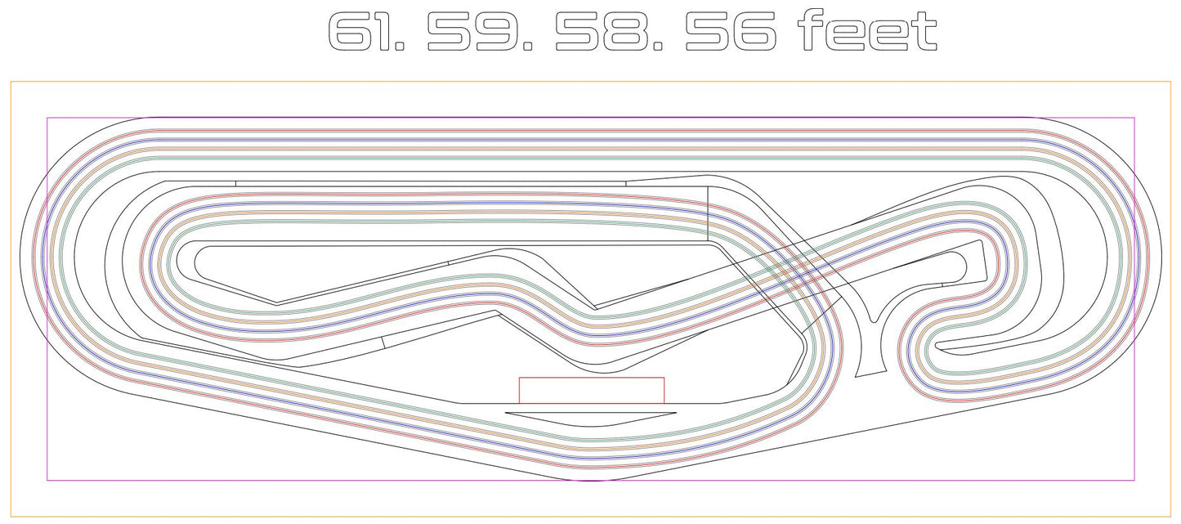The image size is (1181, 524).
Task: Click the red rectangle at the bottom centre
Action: (x=592, y=390)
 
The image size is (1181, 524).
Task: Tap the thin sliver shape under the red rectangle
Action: (x=591, y=419)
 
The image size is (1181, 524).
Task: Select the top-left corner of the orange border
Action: (x=11, y=82)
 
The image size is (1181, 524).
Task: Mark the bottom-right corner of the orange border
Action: (x=1170, y=516)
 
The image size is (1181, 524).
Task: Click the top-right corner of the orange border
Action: (x=1170, y=82)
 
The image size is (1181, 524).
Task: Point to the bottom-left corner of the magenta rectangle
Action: (x=47, y=480)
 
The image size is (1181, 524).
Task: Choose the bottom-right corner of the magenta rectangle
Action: (x=1134, y=480)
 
